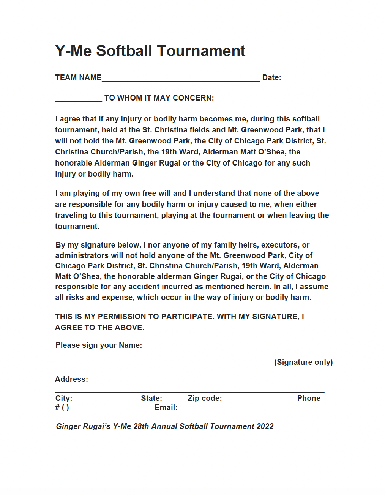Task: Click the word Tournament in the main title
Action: tap(201, 51)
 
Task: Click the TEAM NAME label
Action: tap(78, 77)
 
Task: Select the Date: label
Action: tap(271, 77)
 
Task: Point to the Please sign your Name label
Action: tap(99, 345)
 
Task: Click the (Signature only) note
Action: tap(303, 362)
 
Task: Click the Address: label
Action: tap(71, 379)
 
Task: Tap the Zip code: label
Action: tap(205, 398)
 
